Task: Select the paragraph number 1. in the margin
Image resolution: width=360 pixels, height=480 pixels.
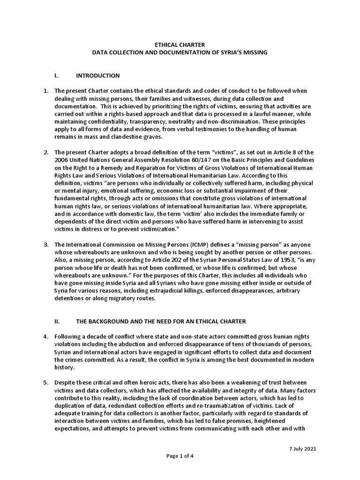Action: point(46,90)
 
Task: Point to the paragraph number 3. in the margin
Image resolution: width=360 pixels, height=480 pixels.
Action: point(46,245)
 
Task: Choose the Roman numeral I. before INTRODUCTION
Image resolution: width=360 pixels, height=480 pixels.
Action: point(56,75)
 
